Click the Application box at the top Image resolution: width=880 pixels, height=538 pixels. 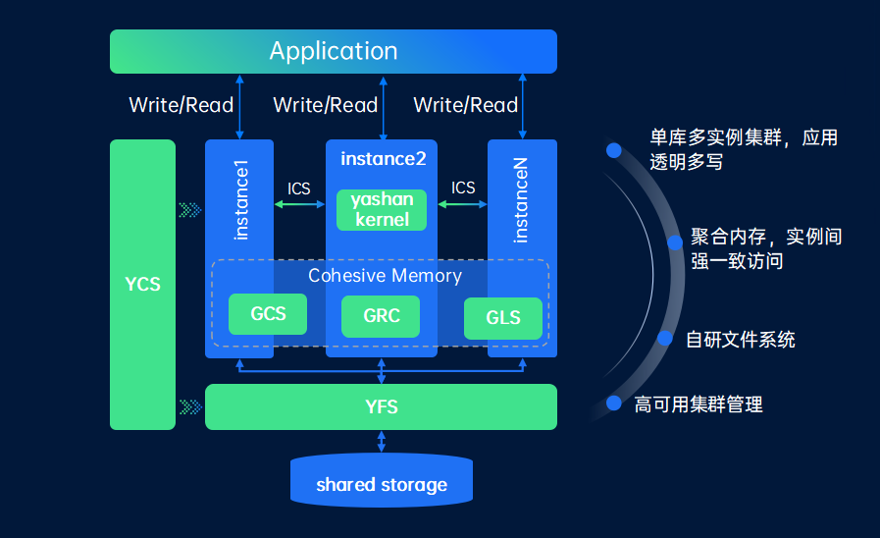point(334,51)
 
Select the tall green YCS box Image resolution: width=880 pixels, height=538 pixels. point(142,284)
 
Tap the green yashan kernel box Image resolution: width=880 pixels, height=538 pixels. point(382,209)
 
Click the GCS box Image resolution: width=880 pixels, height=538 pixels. point(268,314)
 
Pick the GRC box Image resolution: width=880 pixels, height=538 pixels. point(381,316)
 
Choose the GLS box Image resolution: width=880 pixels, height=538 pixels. point(503,318)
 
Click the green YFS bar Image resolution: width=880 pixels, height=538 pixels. point(381,406)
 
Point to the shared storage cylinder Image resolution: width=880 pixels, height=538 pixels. point(382,481)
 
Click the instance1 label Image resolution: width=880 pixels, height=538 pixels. point(240,200)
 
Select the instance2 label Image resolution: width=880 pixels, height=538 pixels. point(384,159)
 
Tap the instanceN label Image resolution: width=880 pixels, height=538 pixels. point(521,200)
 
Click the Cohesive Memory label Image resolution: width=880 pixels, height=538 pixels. point(385,276)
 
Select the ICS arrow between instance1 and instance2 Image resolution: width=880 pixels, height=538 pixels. point(299,204)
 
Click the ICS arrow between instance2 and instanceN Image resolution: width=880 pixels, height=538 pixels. point(462,204)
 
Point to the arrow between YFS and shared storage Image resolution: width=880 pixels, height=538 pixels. point(382,442)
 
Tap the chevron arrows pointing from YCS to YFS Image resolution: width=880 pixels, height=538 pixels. point(190,407)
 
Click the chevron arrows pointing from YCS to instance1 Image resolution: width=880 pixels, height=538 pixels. point(190,210)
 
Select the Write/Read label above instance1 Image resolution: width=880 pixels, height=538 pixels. point(181,105)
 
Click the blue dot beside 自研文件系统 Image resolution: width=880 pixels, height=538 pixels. point(665,338)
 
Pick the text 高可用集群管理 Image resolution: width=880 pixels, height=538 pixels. point(699,404)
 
